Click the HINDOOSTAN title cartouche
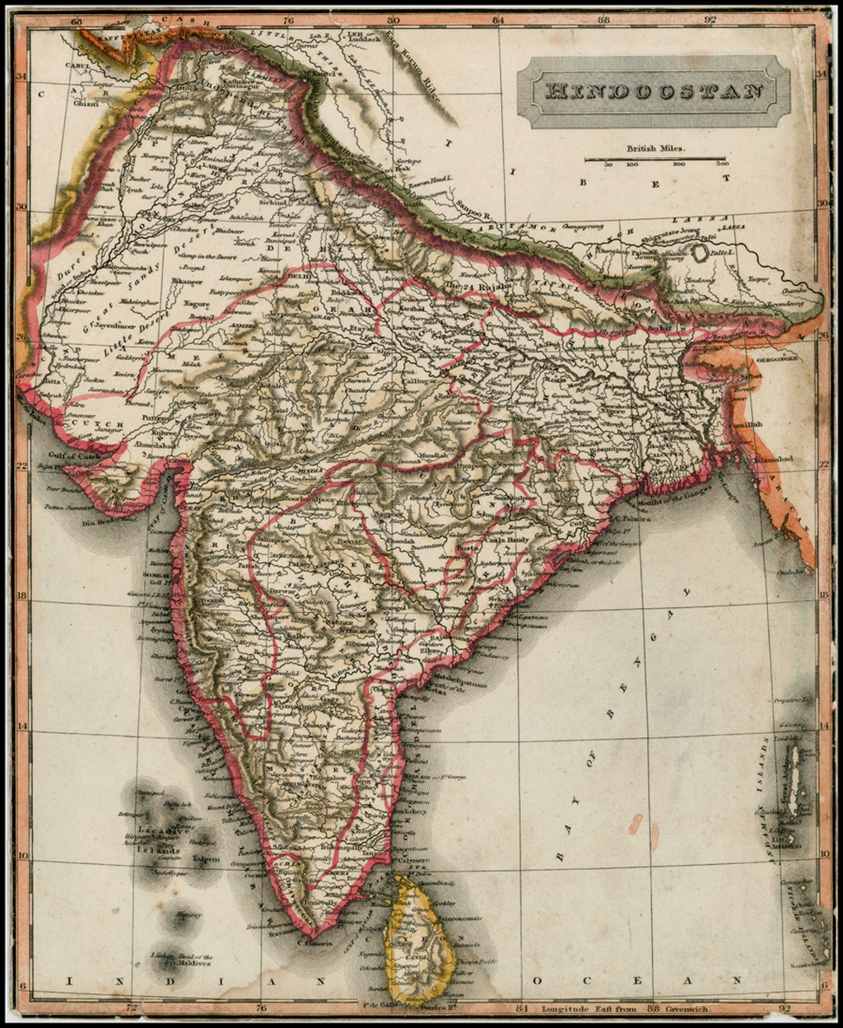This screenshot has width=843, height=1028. pos(654,91)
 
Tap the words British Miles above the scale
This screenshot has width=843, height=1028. pos(655,149)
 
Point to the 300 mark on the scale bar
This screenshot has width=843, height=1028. pos(722,164)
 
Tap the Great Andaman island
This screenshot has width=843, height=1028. pos(794,778)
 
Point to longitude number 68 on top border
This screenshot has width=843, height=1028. pos(77,19)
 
